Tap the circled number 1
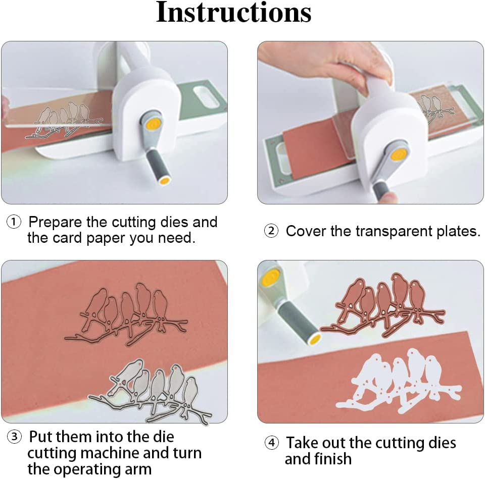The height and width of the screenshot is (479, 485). pos(14,222)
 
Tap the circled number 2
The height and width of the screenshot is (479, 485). pos(271,231)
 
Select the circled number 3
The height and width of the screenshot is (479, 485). pos(15,437)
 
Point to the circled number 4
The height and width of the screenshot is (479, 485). pos(272,443)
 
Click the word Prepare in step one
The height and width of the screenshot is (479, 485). pos(55,223)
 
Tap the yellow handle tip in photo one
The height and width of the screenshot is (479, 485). pos(165,180)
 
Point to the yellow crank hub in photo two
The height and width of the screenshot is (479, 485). pos(399,154)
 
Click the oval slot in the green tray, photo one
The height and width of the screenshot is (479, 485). pos(206,97)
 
